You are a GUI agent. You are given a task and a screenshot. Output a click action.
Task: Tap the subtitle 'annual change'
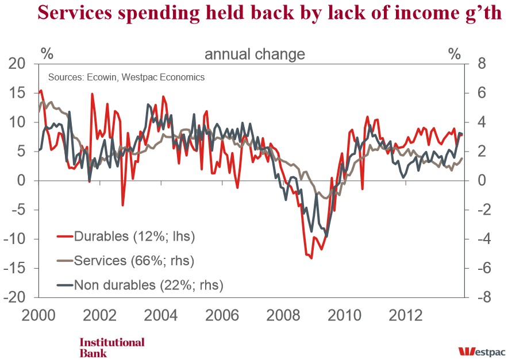click(x=255, y=55)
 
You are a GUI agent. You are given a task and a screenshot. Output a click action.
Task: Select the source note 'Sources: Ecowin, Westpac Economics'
click(x=126, y=77)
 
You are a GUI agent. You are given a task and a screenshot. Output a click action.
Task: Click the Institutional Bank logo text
click(x=111, y=347)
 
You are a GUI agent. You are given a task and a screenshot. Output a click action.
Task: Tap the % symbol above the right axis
click(x=455, y=55)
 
